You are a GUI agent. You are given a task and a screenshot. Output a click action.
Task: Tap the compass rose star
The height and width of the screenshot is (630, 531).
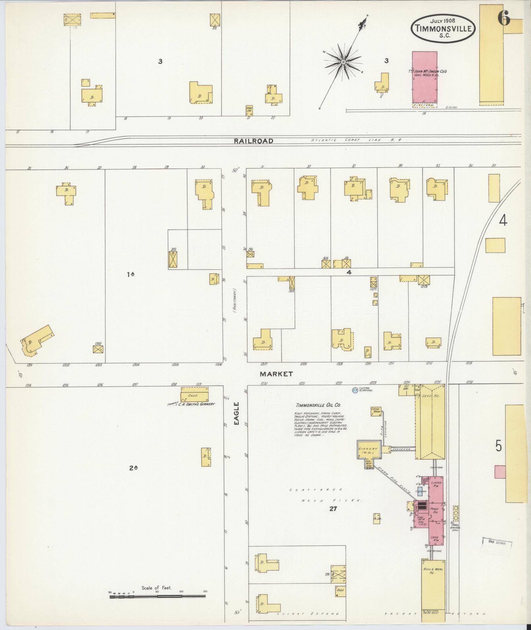[343, 62]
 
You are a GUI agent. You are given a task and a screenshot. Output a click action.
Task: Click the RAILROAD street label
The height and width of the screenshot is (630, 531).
[253, 141]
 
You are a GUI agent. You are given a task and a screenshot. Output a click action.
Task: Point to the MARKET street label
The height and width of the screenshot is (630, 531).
[276, 374]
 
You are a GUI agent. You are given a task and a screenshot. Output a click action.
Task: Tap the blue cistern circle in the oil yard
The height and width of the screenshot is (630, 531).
[355, 391]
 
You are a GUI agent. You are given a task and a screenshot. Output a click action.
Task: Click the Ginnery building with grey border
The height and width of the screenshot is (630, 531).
[369, 449]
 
